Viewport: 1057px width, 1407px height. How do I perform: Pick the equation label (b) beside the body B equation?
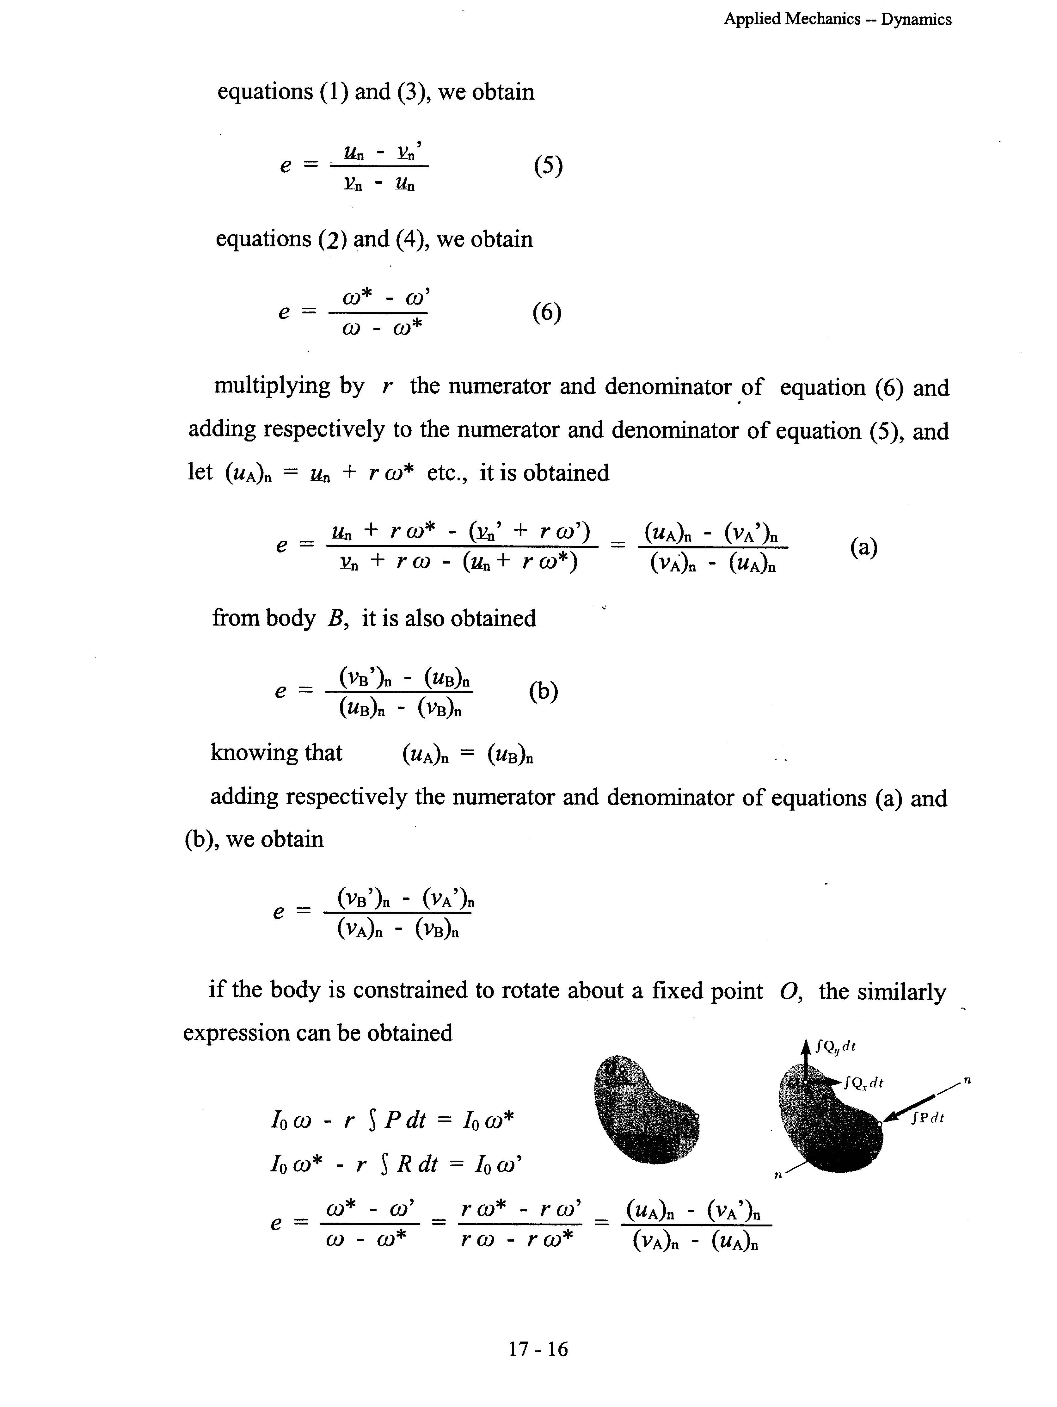(543, 691)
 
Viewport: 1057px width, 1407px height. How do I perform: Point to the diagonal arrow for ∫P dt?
(909, 1108)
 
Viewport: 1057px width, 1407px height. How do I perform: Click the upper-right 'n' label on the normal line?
(967, 1079)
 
